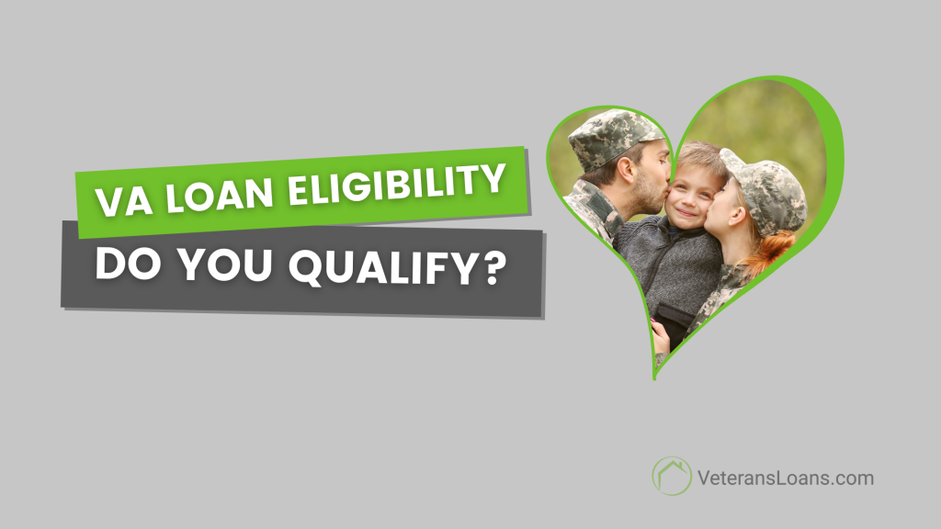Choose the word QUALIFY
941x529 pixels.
click(x=386, y=268)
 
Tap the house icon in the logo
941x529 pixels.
click(x=672, y=476)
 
